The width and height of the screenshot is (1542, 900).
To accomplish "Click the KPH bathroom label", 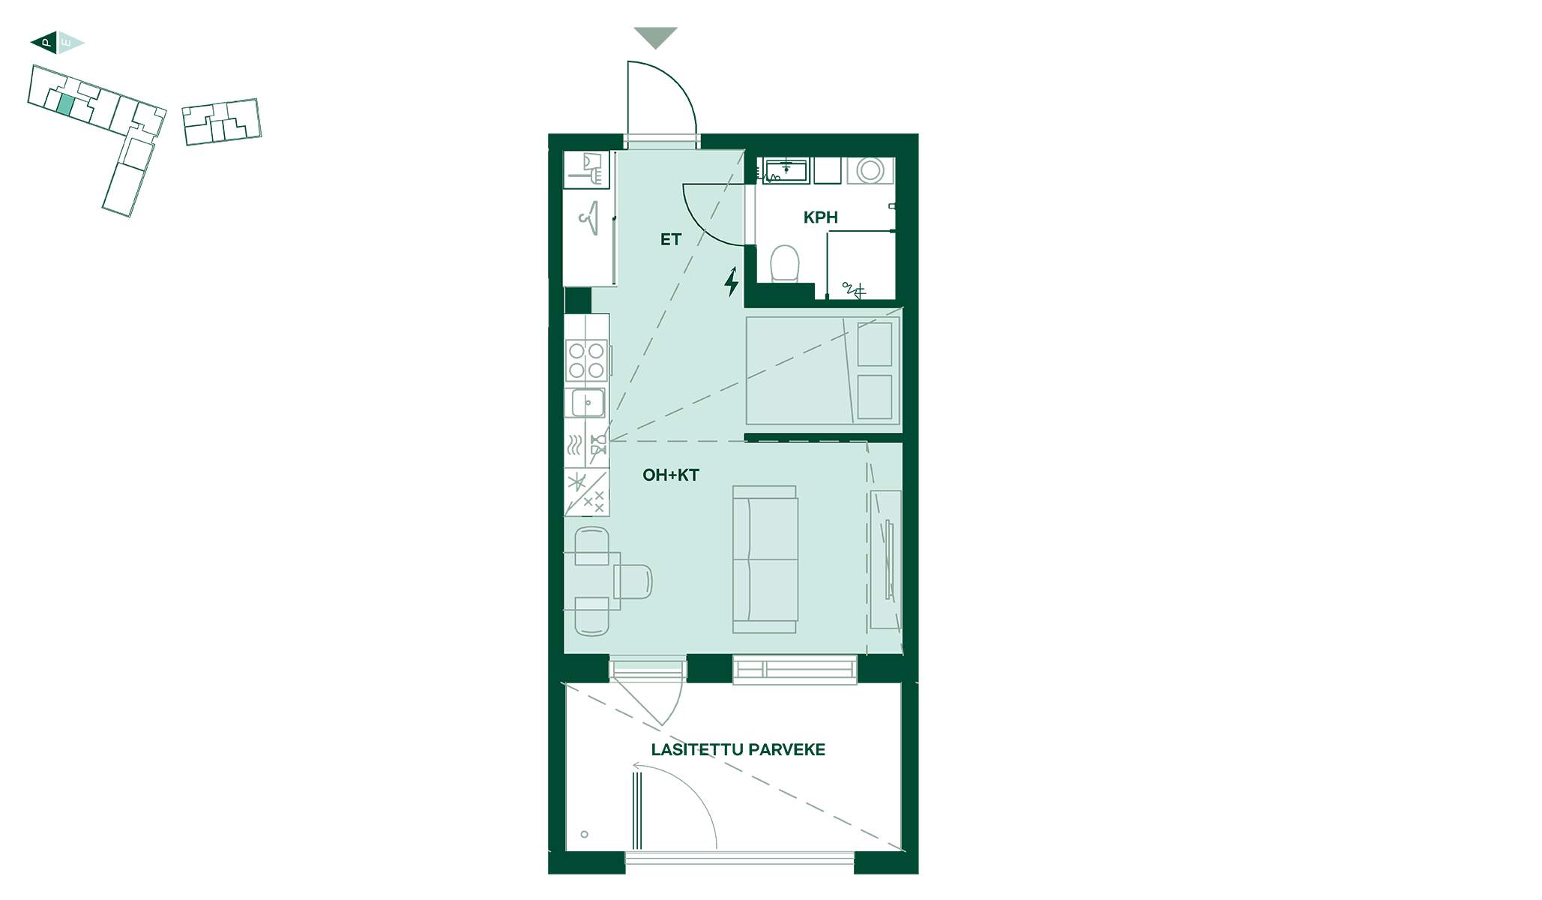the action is [820, 217].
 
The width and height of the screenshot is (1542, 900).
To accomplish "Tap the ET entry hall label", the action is [670, 239].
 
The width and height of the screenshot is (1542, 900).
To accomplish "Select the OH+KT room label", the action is [671, 475].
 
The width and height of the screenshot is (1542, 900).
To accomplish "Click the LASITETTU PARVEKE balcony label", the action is [738, 749].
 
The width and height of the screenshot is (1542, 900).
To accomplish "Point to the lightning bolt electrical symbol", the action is [732, 281].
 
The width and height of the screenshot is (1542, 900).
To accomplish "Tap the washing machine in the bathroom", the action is [870, 170].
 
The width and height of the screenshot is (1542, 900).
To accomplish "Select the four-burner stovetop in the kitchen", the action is [586, 360].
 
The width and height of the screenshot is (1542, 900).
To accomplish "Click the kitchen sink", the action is [588, 403].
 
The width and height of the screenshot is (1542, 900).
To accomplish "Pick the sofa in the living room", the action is [765, 559].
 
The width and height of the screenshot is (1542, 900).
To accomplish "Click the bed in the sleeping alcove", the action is [822, 371].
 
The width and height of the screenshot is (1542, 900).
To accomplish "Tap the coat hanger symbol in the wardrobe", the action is [588, 218].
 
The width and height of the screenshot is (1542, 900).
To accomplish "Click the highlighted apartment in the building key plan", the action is [66, 105].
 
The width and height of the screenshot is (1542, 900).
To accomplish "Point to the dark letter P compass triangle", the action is [45, 43].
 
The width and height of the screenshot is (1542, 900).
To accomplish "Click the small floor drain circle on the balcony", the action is [585, 834].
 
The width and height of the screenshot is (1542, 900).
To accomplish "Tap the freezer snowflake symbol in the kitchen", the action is [576, 482].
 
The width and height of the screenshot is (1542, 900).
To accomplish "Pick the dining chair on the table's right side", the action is [633, 582].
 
